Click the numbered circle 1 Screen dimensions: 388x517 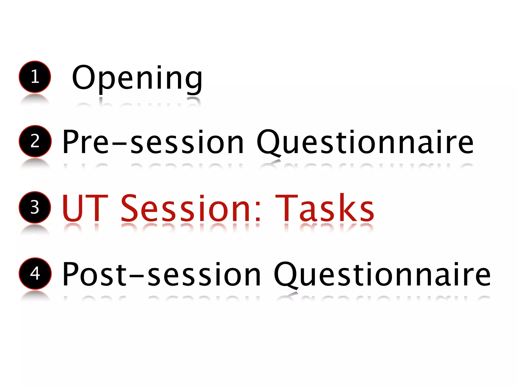click(35, 77)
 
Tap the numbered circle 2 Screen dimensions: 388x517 click(35, 141)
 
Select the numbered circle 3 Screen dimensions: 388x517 click(35, 207)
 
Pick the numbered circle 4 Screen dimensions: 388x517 click(35, 274)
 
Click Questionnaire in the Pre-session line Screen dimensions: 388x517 click(365, 142)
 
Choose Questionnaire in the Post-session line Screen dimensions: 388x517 click(382, 275)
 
